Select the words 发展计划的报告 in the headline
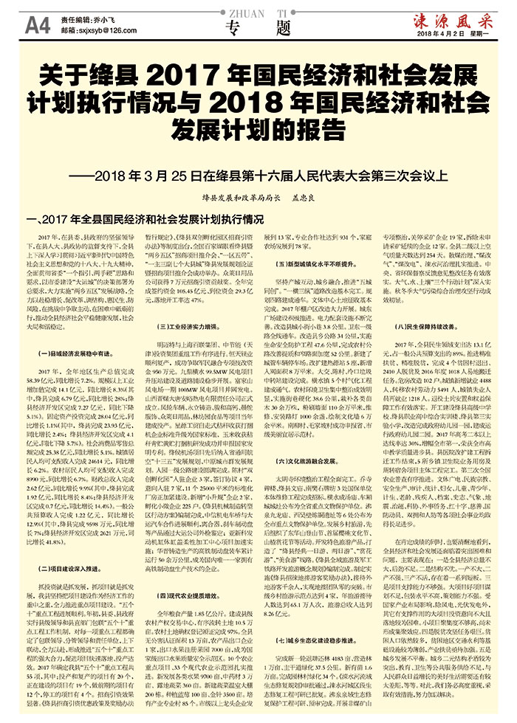pyautogui.click(x=258, y=126)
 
